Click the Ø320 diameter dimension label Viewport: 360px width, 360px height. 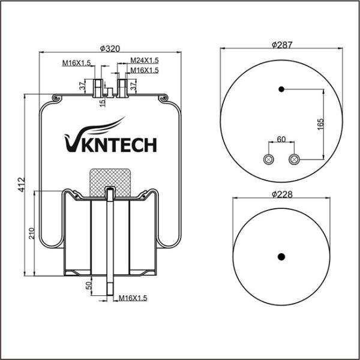pos(110,49)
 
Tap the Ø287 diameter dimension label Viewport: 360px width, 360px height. pos(282,45)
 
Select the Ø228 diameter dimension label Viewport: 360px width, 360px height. pos(282,194)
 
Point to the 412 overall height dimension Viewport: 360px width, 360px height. pos(22,184)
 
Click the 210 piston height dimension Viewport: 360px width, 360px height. pos(31,233)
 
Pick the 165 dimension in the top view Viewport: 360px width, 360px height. pos(320,124)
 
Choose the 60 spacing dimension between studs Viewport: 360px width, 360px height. pos(281,139)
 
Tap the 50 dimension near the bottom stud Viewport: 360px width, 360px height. pos(89,286)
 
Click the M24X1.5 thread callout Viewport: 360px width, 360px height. pos(145,61)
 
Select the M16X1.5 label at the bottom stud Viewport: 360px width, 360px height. pos(133,298)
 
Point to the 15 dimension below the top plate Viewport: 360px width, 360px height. pos(103,103)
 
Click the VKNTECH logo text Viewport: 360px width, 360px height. pos(110,136)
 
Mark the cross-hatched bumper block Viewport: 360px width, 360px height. pos(110,183)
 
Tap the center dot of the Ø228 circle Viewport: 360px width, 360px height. pos(281,257)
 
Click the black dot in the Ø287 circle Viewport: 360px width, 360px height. pos(281,89)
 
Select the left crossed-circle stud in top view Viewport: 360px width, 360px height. pos(268,160)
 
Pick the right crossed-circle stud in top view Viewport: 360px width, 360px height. pos(294,160)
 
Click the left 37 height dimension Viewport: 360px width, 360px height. pos(82,86)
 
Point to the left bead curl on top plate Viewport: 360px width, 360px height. pos(56,98)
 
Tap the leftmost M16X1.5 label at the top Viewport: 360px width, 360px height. pos(77,62)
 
